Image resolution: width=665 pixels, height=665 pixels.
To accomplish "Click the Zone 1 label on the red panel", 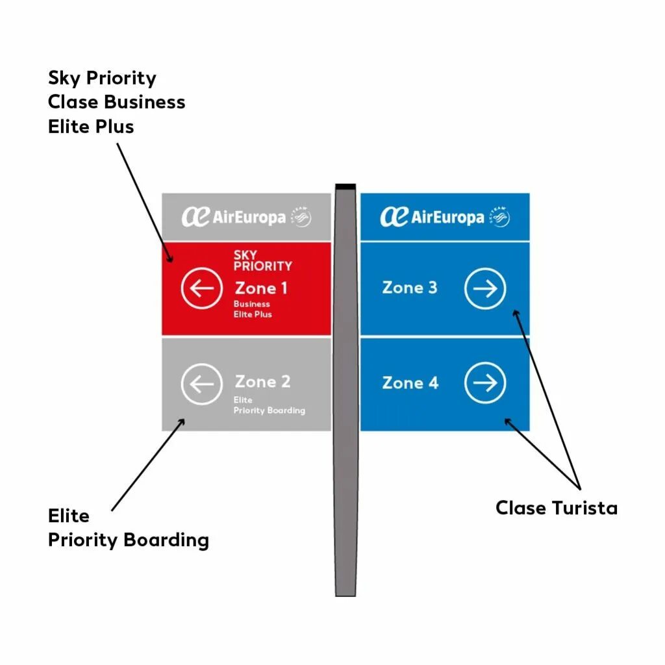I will pyautogui.click(x=261, y=288).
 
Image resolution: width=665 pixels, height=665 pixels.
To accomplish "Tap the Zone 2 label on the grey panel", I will pyautogui.click(x=262, y=382).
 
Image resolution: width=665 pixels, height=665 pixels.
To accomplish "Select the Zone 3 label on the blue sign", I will pyautogui.click(x=410, y=288).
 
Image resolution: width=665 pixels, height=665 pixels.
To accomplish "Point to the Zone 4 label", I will pyautogui.click(x=410, y=383).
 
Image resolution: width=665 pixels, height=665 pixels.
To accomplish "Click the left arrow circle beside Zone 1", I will pyautogui.click(x=202, y=288).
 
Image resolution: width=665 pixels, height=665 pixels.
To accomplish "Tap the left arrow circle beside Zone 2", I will pyautogui.click(x=202, y=384).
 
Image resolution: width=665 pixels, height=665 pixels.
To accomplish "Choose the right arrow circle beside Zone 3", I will pyautogui.click(x=485, y=288).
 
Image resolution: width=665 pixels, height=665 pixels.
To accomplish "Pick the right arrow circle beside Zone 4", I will pyautogui.click(x=485, y=384).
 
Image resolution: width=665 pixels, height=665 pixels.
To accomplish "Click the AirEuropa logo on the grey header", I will pyautogui.click(x=234, y=217).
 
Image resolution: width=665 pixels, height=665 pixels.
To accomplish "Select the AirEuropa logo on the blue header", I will pyautogui.click(x=432, y=216).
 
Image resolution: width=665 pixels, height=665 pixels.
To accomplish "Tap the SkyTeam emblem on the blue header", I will pyautogui.click(x=499, y=217).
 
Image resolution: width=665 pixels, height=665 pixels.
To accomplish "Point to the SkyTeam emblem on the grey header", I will pyautogui.click(x=301, y=217).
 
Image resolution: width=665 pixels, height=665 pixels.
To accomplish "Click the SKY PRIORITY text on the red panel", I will pyautogui.click(x=262, y=260).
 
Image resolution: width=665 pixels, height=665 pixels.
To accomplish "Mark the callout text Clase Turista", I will pyautogui.click(x=556, y=508).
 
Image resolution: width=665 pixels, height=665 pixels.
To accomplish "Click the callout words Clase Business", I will pyautogui.click(x=116, y=102).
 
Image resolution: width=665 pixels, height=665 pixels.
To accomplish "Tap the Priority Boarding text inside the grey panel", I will pyautogui.click(x=269, y=410).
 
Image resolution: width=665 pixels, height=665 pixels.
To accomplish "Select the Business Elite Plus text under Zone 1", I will pyautogui.click(x=253, y=309).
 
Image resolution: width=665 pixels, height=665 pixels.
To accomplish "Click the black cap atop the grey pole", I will pyautogui.click(x=345, y=187).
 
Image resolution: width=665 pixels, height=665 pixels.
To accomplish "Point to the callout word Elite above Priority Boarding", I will pyautogui.click(x=68, y=516).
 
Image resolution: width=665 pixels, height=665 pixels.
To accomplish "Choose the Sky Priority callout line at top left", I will pyautogui.click(x=102, y=78).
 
